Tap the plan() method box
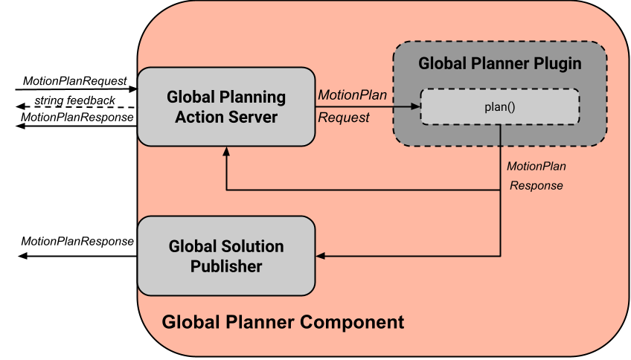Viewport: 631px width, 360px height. [500, 107]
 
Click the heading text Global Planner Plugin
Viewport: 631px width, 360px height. [500, 63]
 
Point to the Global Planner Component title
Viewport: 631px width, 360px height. [283, 322]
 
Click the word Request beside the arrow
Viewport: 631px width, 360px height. [344, 118]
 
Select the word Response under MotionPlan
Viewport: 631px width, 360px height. [536, 185]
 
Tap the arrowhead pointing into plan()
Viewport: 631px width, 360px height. [416, 107]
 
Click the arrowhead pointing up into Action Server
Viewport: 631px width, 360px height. [226, 151]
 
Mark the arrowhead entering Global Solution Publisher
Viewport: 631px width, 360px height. [321, 256]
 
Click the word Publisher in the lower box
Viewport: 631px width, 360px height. [226, 266]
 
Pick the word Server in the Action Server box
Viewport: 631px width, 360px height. [255, 117]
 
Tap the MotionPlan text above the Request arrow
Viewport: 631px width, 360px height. [352, 95]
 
